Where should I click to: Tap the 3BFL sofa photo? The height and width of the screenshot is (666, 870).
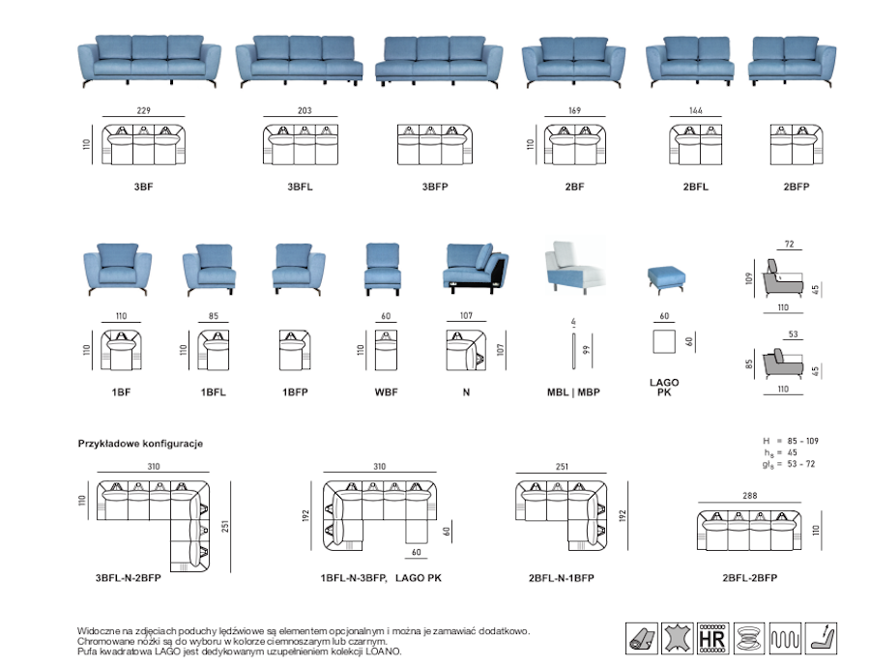(x=300, y=62)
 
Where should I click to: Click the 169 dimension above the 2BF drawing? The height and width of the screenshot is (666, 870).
(x=573, y=111)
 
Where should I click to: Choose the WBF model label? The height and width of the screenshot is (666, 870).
(x=386, y=392)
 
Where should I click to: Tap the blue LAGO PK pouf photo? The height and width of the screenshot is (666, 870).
(x=665, y=277)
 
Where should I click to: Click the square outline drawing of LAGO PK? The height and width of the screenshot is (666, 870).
(x=664, y=342)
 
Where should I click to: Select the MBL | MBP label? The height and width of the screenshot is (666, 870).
(x=573, y=392)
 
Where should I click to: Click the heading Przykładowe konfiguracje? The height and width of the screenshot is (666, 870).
(x=140, y=444)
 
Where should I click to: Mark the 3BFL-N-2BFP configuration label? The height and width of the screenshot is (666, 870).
(x=129, y=578)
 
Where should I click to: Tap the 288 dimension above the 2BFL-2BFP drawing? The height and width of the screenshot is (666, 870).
(x=749, y=497)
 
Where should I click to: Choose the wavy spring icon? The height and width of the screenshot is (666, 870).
(x=784, y=637)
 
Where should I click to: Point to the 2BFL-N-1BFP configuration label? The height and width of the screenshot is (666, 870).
(x=562, y=578)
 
